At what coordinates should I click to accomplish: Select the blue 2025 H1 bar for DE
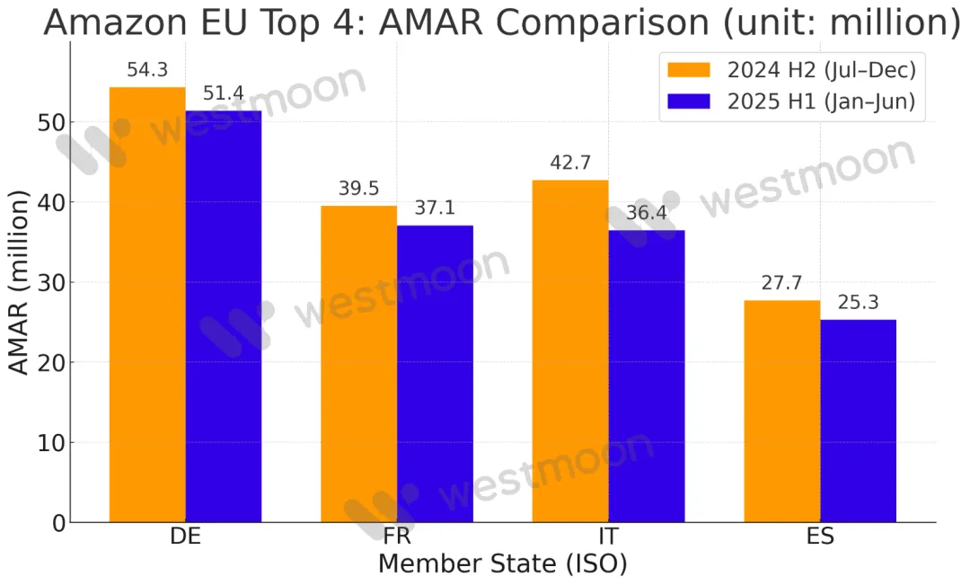(x=224, y=315)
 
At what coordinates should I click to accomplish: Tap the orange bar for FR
(x=359, y=363)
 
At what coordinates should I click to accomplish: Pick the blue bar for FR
(x=435, y=373)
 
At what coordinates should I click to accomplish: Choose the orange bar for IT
(x=570, y=350)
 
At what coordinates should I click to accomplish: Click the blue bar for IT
(x=647, y=376)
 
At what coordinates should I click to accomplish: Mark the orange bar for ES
(x=782, y=411)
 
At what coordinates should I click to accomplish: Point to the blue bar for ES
(x=858, y=421)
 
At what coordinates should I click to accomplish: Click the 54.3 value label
(x=147, y=70)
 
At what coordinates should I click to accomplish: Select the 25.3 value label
(x=858, y=303)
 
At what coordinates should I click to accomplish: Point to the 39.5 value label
(x=359, y=189)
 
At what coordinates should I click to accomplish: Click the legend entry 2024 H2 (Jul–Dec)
(x=789, y=68)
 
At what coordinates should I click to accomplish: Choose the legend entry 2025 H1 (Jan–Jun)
(x=789, y=101)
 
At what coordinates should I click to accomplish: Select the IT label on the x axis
(x=608, y=537)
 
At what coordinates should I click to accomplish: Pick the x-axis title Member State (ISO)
(x=502, y=564)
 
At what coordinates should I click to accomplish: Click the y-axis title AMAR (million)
(x=20, y=283)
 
